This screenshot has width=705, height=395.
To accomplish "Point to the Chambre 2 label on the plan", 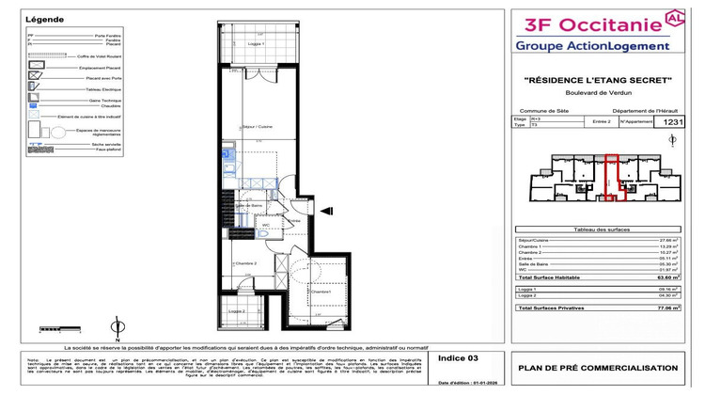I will click(x=245, y=263).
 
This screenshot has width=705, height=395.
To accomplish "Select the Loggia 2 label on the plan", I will click(x=237, y=311).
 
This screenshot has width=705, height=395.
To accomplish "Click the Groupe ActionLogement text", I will click(x=592, y=46).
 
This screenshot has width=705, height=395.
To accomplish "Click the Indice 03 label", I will click(x=462, y=358).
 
